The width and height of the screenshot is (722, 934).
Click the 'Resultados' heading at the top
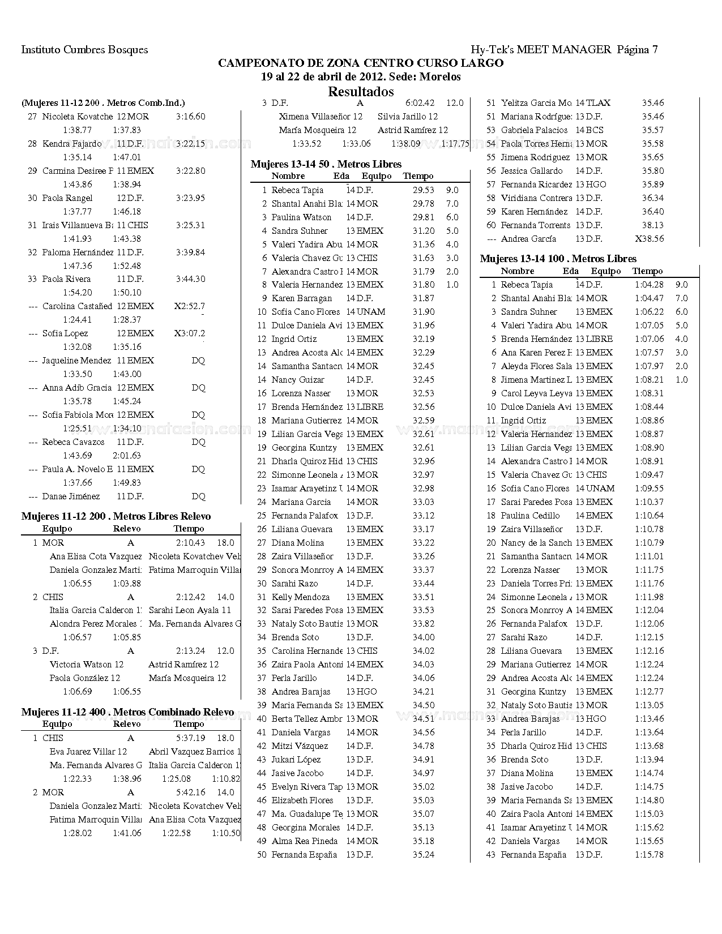coord(361,92)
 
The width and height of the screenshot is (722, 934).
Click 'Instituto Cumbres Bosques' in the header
coord(84,50)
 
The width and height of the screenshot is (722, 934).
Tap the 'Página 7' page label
coord(637,50)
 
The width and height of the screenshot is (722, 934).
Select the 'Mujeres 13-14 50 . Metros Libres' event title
coord(326,164)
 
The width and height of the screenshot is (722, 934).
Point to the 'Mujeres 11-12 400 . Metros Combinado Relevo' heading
coord(127,712)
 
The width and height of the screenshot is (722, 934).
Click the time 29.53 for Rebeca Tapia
coord(424,190)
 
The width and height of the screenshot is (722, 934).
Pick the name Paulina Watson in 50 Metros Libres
coord(301,217)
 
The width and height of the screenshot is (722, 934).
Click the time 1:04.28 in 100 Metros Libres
coord(649,285)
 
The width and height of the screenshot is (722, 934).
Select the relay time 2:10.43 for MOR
coord(190,543)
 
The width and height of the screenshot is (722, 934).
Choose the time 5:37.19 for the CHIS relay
coord(190,738)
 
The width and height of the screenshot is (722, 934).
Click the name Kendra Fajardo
coord(72,144)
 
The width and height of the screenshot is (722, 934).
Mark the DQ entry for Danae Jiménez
coord(198,496)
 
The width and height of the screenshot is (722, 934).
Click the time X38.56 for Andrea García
coord(650,239)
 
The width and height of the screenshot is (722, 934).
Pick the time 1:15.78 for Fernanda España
coord(649,855)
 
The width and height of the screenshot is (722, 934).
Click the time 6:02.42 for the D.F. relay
coord(420,103)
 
